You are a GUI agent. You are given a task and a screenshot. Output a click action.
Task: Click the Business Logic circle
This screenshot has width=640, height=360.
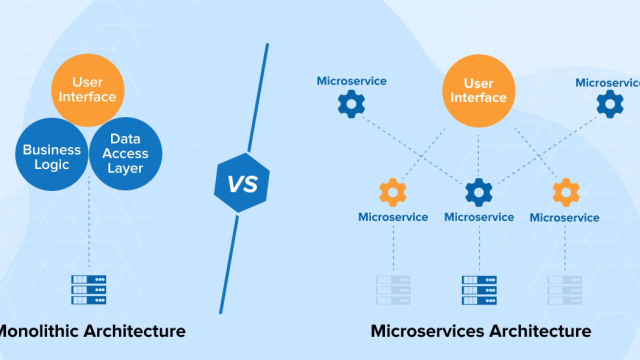(51, 154)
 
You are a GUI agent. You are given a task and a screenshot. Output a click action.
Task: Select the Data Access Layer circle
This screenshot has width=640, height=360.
(125, 153)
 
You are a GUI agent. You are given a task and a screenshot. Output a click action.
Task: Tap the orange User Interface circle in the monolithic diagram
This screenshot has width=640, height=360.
(87, 90)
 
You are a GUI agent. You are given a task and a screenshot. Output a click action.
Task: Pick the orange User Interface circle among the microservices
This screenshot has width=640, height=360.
(479, 91)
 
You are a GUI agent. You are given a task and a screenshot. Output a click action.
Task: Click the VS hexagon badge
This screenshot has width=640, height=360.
(241, 183)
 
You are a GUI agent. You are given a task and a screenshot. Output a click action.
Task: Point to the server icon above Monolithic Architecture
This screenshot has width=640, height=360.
(89, 289)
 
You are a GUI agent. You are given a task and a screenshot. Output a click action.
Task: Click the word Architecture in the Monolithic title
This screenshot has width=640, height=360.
(134, 331)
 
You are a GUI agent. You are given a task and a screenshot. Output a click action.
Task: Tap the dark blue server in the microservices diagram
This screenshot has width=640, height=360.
(479, 290)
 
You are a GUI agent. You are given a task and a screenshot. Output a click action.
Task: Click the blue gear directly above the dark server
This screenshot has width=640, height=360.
(479, 192)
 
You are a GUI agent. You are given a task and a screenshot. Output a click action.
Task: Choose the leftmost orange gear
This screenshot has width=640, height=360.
(393, 192)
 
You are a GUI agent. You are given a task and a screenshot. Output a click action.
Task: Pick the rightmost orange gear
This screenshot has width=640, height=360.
(566, 192)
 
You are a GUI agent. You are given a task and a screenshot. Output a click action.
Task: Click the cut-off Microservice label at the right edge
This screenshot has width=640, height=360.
(607, 83)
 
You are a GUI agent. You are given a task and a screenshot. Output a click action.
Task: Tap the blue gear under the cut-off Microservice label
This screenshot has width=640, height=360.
(610, 104)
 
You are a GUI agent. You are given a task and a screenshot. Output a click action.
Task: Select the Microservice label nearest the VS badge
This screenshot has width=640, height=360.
(351, 81)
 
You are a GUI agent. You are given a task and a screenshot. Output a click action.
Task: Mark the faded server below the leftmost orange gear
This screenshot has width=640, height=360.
(393, 290)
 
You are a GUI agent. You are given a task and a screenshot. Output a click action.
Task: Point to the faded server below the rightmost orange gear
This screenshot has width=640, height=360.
(564, 290)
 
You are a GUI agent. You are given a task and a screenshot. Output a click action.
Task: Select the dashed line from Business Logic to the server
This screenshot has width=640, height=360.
(89, 221)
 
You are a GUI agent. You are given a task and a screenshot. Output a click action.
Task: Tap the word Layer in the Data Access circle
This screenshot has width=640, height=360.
(125, 168)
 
